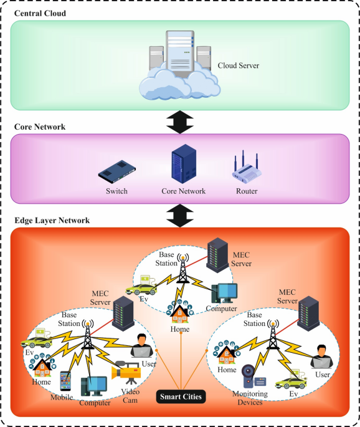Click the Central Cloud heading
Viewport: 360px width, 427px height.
(x=40, y=13)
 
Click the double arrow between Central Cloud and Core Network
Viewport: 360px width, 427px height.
(x=180, y=121)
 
